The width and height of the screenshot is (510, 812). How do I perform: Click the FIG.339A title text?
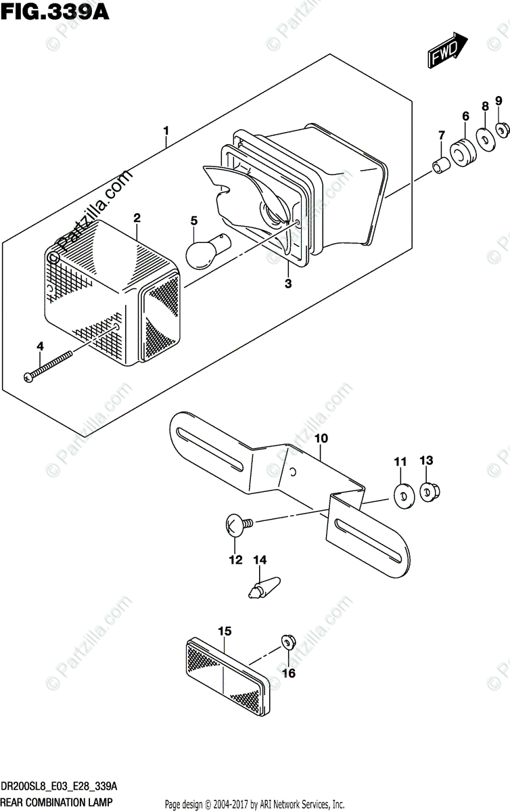[47, 12]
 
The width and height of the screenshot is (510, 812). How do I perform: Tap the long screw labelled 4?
[50, 366]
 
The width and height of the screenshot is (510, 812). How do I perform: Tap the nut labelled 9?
[501, 128]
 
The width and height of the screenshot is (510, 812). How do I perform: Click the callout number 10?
[320, 438]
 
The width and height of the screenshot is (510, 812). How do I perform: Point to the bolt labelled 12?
[236, 524]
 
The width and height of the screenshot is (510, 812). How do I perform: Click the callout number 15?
[225, 631]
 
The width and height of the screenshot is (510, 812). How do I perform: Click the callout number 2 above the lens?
[137, 217]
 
